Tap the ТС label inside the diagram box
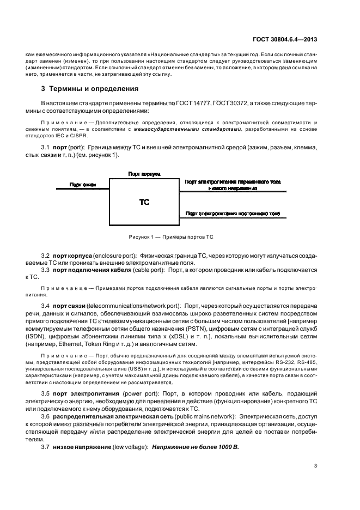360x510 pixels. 144,202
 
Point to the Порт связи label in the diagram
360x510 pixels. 83,185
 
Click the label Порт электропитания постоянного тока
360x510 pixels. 233,214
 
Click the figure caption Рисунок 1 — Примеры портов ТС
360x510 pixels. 171,238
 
